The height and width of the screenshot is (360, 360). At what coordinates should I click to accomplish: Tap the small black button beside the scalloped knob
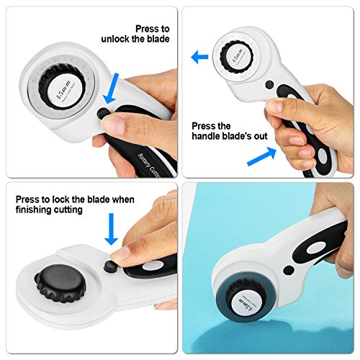(x=110, y=266)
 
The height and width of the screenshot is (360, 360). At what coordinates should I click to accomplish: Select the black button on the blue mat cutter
(x=287, y=271)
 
